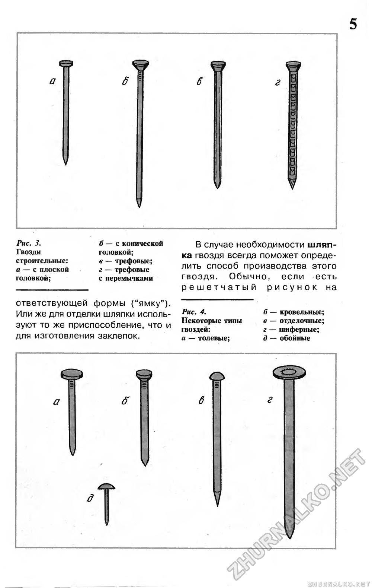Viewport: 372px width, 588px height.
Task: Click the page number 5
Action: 353,24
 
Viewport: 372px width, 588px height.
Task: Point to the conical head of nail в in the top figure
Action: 218,67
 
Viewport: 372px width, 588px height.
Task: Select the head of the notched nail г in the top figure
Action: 293,67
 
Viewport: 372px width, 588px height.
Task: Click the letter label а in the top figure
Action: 52,81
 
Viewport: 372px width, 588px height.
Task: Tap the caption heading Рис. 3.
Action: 29,243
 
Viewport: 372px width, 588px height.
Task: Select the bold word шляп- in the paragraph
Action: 322,245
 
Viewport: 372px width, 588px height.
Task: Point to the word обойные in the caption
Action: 295,339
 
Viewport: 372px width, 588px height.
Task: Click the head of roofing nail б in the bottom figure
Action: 144,374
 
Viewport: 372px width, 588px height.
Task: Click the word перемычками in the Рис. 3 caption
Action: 125,278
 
